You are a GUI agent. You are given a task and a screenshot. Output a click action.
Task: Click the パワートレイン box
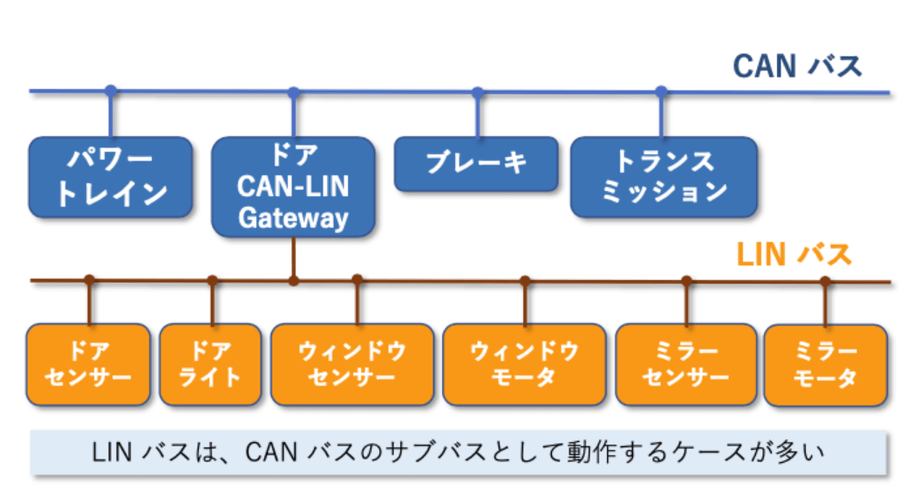click(110, 177)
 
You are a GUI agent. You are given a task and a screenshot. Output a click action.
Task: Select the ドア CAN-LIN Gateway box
click(293, 187)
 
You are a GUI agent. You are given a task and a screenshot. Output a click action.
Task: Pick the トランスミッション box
click(664, 177)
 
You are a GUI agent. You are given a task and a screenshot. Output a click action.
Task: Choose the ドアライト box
click(210, 364)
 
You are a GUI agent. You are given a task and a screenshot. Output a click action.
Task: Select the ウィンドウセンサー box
click(352, 364)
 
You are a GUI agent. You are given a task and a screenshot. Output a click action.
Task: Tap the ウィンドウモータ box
click(524, 364)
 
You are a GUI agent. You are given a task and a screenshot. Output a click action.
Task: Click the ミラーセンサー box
click(685, 364)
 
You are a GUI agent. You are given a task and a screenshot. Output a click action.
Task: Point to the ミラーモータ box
click(825, 365)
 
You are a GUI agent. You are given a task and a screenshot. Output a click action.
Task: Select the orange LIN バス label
click(794, 255)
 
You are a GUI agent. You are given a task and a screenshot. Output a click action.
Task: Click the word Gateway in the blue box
click(293, 218)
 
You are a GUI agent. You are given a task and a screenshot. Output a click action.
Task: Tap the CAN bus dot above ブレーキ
click(477, 91)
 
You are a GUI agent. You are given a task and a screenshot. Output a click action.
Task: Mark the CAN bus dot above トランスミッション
click(661, 91)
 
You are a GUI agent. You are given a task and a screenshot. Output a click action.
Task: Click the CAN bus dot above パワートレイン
click(110, 91)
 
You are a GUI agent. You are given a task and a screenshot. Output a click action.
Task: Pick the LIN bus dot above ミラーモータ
click(825, 281)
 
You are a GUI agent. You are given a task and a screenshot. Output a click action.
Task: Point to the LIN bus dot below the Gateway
click(294, 281)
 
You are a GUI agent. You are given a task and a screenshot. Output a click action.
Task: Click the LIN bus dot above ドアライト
click(212, 281)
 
